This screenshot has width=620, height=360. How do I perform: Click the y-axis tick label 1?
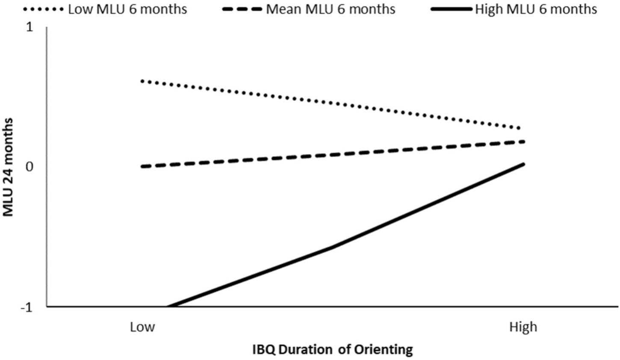(30, 27)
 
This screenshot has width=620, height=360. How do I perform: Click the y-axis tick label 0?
(30, 166)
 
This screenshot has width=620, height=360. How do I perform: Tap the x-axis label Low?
(142, 328)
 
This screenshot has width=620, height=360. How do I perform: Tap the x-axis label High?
(523, 328)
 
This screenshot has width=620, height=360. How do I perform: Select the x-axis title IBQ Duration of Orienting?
(332, 350)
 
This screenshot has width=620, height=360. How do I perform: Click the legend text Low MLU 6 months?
(127, 9)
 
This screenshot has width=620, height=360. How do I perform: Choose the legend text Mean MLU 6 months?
(331, 9)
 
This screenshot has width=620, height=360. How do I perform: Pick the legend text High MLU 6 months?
(536, 9)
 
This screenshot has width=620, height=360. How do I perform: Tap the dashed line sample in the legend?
(242, 9)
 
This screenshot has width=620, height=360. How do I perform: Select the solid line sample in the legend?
(452, 9)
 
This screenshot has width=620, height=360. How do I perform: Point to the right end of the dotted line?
(519, 128)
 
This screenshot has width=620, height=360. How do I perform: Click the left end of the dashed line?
(142, 166)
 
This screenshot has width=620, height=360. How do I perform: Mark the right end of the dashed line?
(523, 142)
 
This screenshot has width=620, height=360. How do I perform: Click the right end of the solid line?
(523, 164)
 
